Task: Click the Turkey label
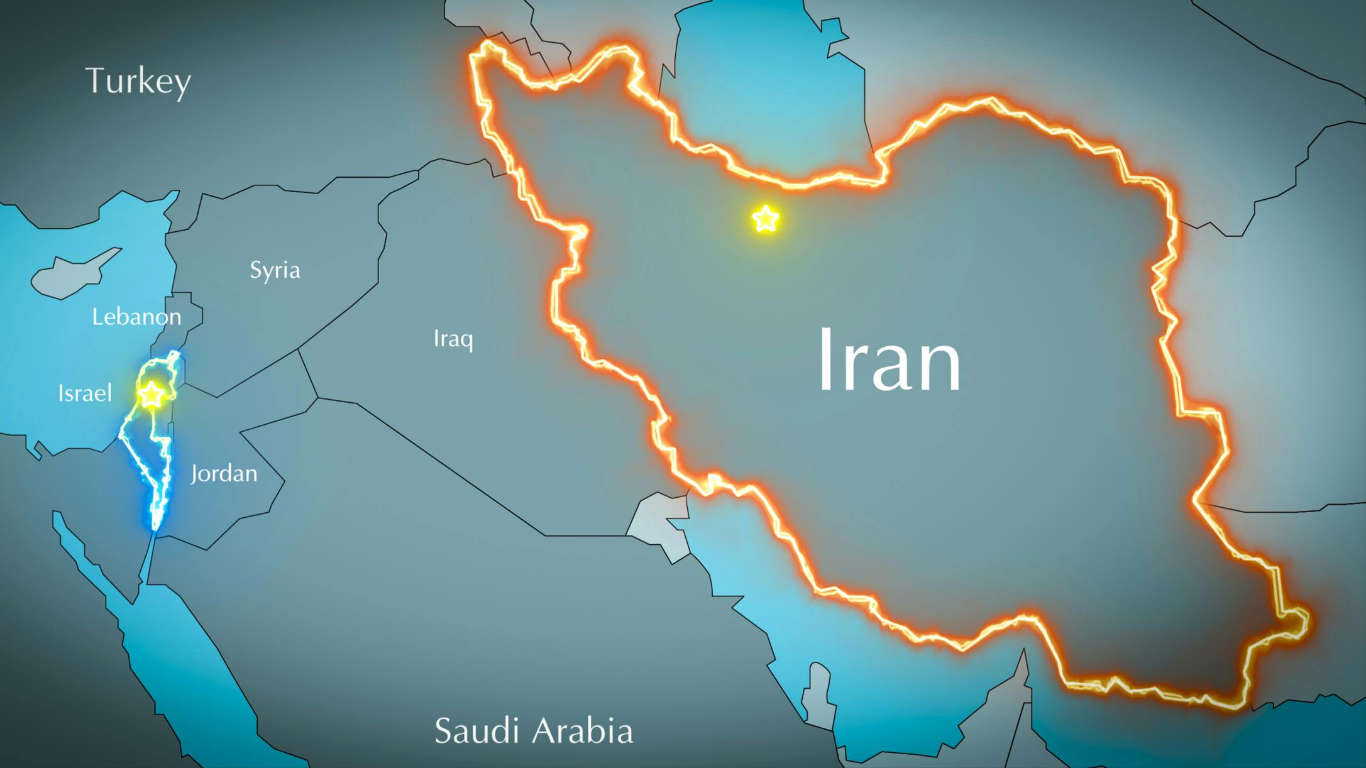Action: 138,81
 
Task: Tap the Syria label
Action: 275,270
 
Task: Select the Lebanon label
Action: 136,316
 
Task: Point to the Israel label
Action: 85,393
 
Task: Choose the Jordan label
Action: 224,473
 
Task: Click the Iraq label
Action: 453,339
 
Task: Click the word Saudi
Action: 477,730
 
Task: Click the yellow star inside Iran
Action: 765,219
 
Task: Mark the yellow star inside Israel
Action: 151,395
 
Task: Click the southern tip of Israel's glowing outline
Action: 155,529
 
